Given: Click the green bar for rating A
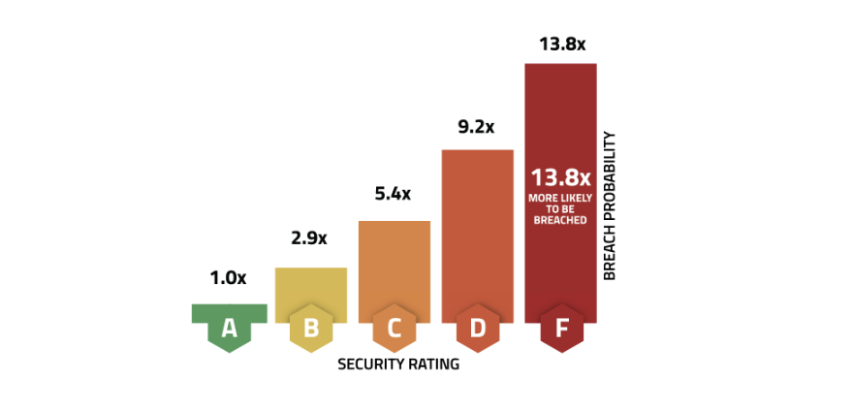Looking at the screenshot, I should click(x=229, y=312).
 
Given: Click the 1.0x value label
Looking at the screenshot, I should click(x=229, y=278).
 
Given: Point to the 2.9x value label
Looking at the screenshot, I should click(x=311, y=237).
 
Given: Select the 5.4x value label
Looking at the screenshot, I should click(x=393, y=194).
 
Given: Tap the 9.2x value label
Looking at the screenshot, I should click(x=476, y=126).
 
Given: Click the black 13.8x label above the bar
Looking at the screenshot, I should click(x=560, y=44).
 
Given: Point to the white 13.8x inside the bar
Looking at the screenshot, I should click(x=560, y=177).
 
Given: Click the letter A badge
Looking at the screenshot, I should click(x=229, y=330).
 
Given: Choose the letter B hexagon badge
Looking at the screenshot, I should click(x=311, y=330).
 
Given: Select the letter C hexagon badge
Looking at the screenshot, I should click(x=394, y=330).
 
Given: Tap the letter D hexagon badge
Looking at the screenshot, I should click(x=478, y=330).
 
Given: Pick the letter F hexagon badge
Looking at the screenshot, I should click(x=561, y=330).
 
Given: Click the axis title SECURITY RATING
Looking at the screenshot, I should click(x=397, y=365).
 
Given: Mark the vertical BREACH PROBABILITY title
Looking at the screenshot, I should click(x=610, y=206).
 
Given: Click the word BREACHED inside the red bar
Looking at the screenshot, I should click(x=560, y=219).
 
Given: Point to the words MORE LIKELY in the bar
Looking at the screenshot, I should click(x=560, y=198).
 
